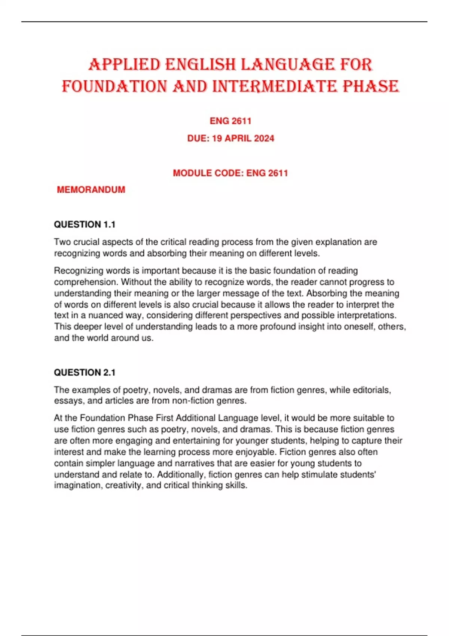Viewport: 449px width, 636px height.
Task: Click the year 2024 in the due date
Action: [x=264, y=138]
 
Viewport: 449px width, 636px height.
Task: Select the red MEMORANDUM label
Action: [x=91, y=190]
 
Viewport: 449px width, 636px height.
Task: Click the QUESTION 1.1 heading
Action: [x=85, y=224]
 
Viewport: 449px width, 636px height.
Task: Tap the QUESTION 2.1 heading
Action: [x=85, y=373]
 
